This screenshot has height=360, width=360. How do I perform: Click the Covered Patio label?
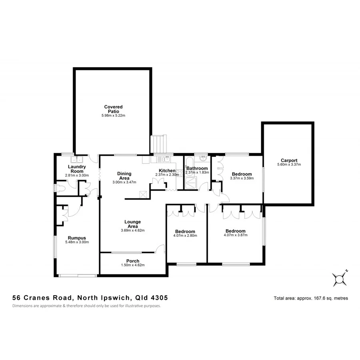click(113, 109)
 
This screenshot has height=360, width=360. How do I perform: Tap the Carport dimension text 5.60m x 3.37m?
click(289, 164)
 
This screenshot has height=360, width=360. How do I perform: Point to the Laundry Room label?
click(77, 169)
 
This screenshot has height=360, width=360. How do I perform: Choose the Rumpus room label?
click(77, 237)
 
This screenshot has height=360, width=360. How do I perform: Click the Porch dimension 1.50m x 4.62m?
click(132, 265)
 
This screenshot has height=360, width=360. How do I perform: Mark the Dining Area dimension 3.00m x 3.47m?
click(124, 182)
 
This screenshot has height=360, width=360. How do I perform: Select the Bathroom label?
click(197, 168)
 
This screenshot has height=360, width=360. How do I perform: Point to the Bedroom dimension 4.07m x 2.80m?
click(185, 236)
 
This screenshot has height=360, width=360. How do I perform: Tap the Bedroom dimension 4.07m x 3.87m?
click(235, 235)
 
